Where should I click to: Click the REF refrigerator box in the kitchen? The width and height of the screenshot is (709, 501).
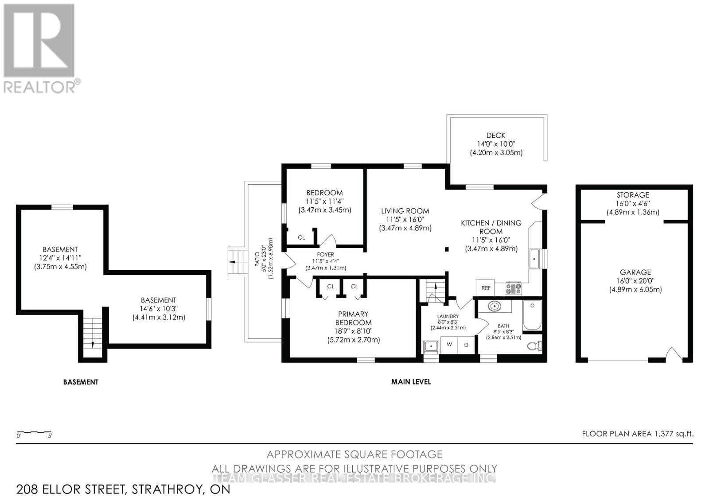click(x=486, y=288)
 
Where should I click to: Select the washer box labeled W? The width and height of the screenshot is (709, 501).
click(x=449, y=345)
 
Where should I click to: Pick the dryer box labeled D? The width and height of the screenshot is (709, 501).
click(x=466, y=345)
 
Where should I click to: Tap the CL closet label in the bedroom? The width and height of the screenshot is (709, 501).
click(x=301, y=238)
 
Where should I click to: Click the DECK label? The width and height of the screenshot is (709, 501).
click(x=495, y=136)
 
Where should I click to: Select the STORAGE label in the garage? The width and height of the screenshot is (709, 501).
click(x=633, y=195)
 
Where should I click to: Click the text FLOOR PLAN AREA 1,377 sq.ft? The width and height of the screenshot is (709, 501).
click(x=637, y=434)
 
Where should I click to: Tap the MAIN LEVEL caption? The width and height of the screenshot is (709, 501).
click(x=411, y=381)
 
